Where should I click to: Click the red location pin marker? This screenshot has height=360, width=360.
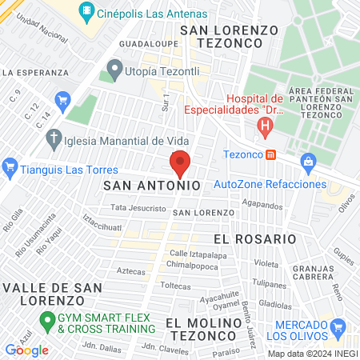coord(180,162)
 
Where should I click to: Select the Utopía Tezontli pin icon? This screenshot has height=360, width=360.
coord(114,71)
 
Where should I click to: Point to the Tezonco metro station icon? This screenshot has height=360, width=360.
coord(272,154)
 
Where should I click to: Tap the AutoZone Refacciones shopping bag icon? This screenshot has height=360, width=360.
coord(307,162)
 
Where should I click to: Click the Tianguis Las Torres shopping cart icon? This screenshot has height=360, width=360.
coord(10,167)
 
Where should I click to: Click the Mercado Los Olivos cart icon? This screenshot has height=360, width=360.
coord(338,326)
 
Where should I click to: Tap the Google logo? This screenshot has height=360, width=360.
coord(26,350)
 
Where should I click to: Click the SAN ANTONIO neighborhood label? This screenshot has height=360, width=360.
coord(151,185)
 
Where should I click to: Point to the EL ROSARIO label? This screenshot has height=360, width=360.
coord(247,239)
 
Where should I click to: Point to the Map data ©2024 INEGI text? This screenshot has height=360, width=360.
coord(311,354)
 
